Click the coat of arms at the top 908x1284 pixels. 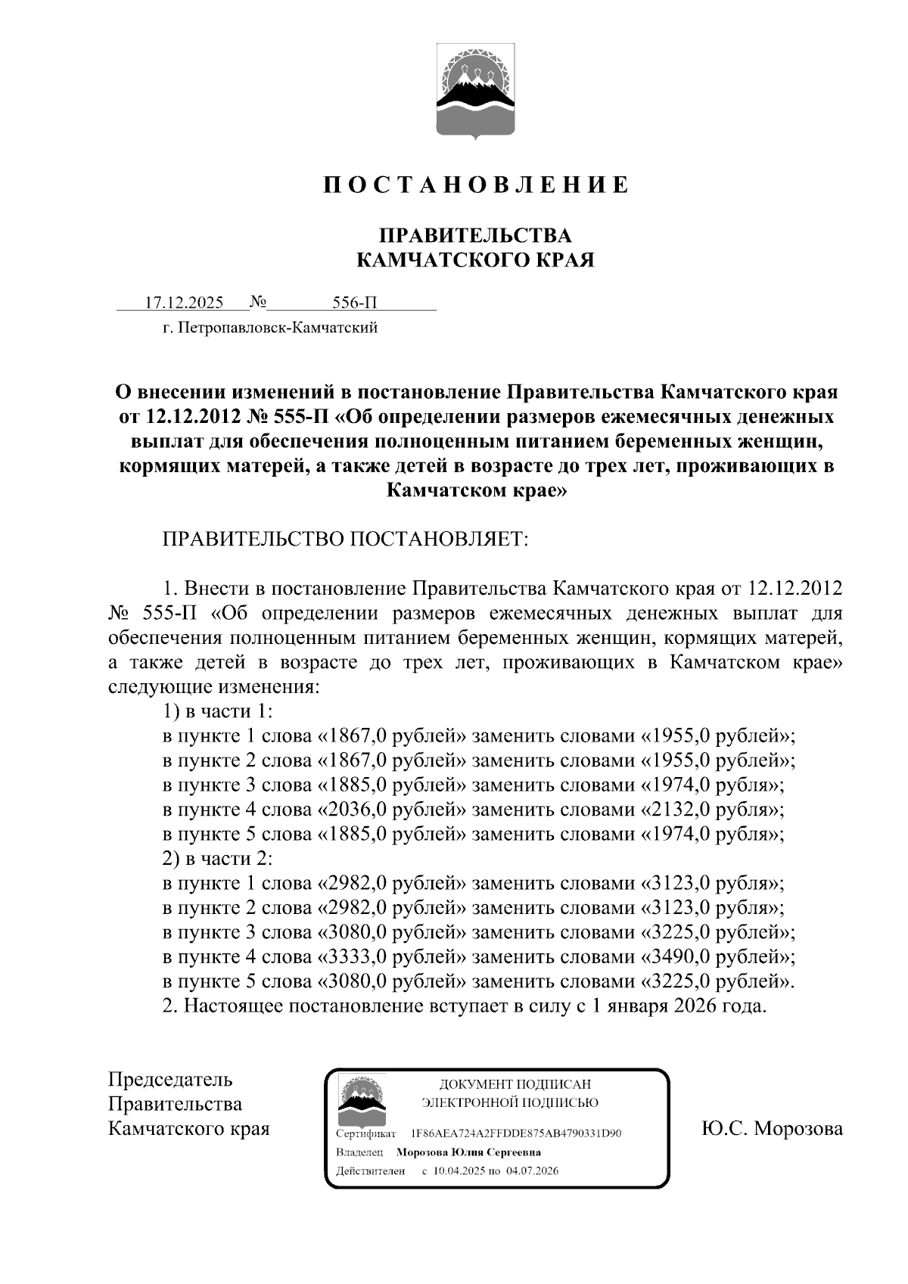(x=475, y=92)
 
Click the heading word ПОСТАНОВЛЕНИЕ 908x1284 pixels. (x=475, y=185)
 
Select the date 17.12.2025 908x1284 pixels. (x=184, y=303)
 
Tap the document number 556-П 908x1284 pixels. (x=355, y=303)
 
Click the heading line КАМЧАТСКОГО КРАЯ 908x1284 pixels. (x=475, y=261)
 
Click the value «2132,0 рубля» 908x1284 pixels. (x=711, y=810)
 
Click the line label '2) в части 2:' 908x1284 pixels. (x=217, y=859)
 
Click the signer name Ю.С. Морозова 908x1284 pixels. (x=772, y=1129)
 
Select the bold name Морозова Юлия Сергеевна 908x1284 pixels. (x=468, y=1152)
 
